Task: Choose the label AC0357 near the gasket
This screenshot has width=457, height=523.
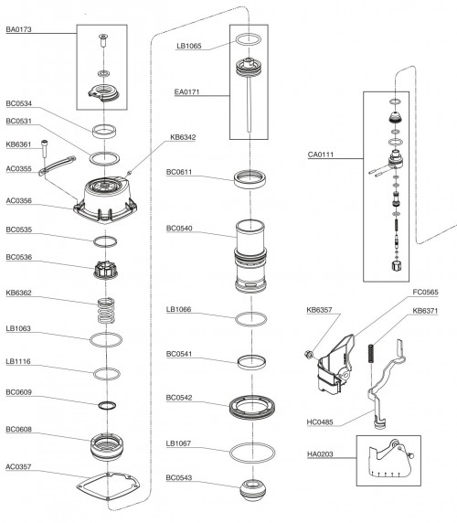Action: pos(19,464)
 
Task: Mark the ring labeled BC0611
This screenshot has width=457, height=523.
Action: pos(249,178)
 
